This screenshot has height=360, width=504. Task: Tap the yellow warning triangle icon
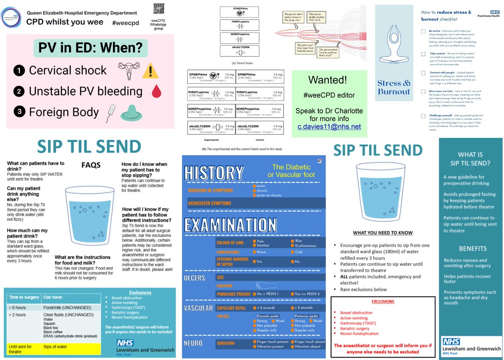[149, 71]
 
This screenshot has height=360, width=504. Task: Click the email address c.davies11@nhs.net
[329, 126]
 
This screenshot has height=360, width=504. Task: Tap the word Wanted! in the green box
[329, 80]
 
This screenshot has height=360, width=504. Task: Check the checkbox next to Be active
[423, 32]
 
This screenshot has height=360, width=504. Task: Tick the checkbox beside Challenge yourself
[423, 116]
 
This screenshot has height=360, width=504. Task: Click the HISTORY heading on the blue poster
[214, 173]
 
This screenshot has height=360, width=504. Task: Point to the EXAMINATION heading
[231, 225]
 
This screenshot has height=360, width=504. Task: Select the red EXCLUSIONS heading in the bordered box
[382, 301]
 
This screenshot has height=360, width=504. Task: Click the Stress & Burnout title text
[394, 87]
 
